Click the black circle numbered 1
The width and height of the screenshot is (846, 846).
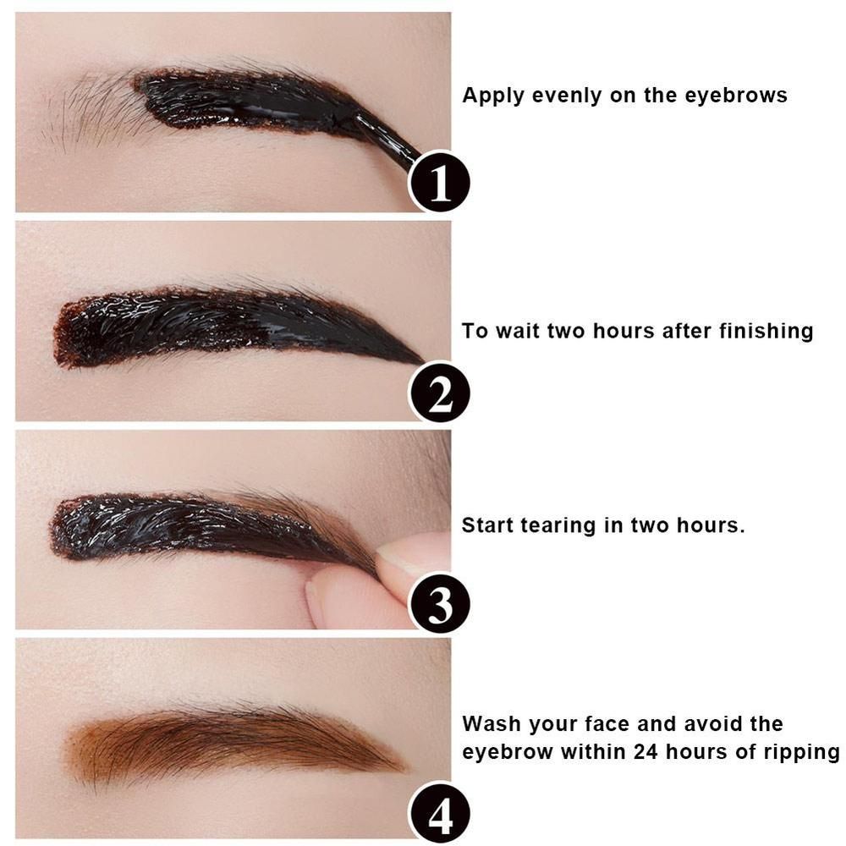(440, 182)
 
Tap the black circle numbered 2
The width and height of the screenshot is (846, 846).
(440, 393)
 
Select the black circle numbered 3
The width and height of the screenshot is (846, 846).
(440, 602)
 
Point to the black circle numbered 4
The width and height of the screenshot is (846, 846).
(440, 813)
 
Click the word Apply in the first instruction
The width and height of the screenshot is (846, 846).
(494, 96)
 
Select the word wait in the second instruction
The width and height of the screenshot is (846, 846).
(518, 330)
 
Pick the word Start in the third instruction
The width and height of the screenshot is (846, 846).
(487, 525)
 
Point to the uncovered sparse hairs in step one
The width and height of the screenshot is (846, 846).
(95, 111)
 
